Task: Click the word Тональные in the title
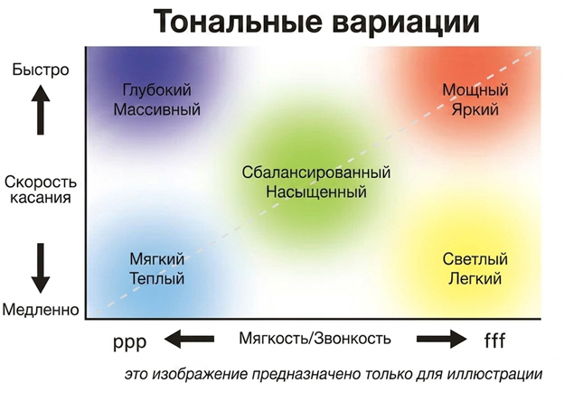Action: pyautogui.click(x=238, y=21)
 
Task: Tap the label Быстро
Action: pyautogui.click(x=41, y=70)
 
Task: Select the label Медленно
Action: pyautogui.click(x=41, y=310)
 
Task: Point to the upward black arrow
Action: pyautogui.click(x=41, y=109)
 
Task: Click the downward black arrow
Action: pyautogui.click(x=41, y=268)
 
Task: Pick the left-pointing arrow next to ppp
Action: pyautogui.click(x=189, y=339)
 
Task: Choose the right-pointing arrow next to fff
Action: pyautogui.click(x=442, y=339)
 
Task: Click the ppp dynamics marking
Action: pyautogui.click(x=130, y=341)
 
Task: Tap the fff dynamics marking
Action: pyautogui.click(x=494, y=340)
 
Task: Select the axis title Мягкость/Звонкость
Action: pyautogui.click(x=315, y=339)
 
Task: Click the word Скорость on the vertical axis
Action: pyautogui.click(x=41, y=182)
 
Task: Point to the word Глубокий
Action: pyautogui.click(x=157, y=89)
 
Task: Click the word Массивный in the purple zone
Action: pyautogui.click(x=157, y=109)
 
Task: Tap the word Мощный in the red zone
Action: pyautogui.click(x=475, y=89)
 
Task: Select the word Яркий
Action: pyautogui.click(x=475, y=109)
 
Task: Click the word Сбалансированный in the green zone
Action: pyautogui.click(x=316, y=173)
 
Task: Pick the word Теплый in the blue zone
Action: pyautogui.click(x=157, y=278)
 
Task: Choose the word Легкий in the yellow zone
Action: pyautogui.click(x=475, y=278)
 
